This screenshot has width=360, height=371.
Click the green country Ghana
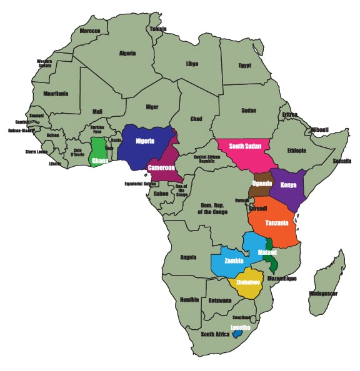[x=99, y=152]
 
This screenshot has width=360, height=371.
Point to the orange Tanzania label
[x=276, y=223]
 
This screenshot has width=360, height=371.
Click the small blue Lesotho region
[x=237, y=334]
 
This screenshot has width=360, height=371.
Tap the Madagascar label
[x=323, y=293]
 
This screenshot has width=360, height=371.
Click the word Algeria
[x=127, y=53]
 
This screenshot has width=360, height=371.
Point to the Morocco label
[x=89, y=31]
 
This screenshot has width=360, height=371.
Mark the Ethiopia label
[x=296, y=151]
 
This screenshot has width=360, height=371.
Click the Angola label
[x=188, y=257]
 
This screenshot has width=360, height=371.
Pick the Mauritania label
[x=56, y=94]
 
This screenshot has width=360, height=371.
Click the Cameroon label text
[x=160, y=167]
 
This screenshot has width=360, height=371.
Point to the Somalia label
[x=342, y=161]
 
